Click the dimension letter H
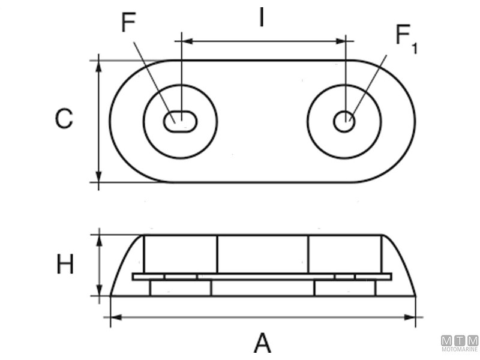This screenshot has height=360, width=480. pyautogui.click(x=65, y=264)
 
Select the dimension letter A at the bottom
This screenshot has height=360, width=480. pyautogui.click(x=262, y=343)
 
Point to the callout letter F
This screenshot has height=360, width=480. pyautogui.click(x=128, y=23)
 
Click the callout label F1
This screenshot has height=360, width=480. pyautogui.click(x=405, y=39)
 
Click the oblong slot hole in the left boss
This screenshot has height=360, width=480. pyautogui.click(x=179, y=121)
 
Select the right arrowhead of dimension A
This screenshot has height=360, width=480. pyautogui.click(x=410, y=316)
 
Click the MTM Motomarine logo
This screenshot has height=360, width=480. pyautogui.click(x=460, y=343)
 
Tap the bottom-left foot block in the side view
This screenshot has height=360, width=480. pyautogui.click(x=180, y=289)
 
